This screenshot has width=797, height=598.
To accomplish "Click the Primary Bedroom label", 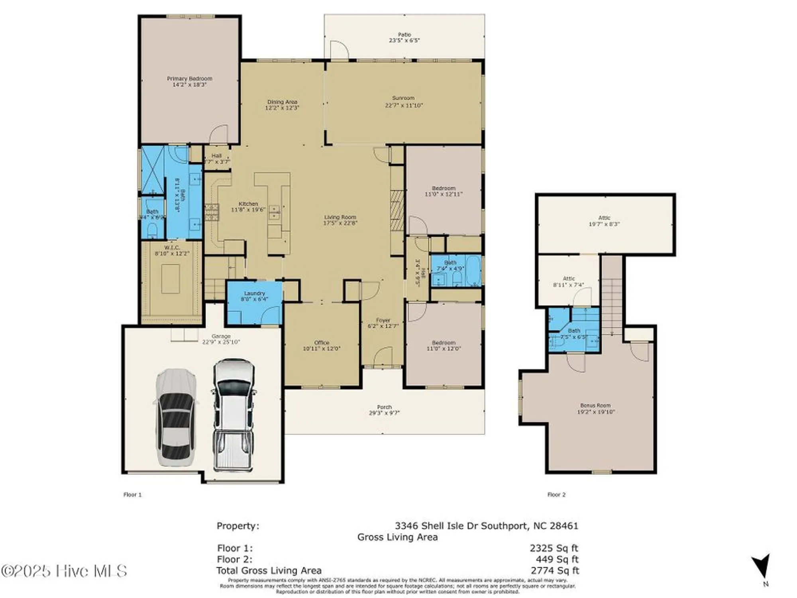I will click(x=189, y=79).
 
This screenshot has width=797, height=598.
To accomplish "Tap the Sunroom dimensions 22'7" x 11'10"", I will click(x=404, y=106).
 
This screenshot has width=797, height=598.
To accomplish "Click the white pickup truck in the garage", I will click(x=233, y=415).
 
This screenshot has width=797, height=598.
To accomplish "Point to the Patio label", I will click(x=404, y=35).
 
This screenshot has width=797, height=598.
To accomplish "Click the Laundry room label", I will click(x=254, y=293).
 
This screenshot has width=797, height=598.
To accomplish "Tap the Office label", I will click(x=322, y=342).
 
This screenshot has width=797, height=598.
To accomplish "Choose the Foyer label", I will click(x=383, y=320).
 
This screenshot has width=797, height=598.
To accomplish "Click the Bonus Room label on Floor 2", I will click(x=595, y=405).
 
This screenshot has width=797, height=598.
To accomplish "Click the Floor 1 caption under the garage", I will click(x=132, y=495).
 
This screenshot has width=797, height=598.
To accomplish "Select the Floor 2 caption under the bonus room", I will click(x=556, y=495).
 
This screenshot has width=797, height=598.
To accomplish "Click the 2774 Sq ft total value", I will click(x=555, y=570).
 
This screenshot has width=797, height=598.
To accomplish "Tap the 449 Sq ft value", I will click(x=557, y=559).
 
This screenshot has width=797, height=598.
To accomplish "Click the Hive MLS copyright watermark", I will click(x=64, y=571).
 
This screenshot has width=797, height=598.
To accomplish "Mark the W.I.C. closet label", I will click(x=172, y=248).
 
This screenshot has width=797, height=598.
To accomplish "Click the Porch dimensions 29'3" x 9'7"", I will click(x=384, y=413).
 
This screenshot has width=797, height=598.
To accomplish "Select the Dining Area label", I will click(x=282, y=102).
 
